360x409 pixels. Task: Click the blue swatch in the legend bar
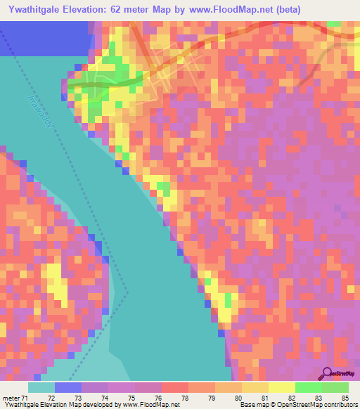click(x=68, y=387)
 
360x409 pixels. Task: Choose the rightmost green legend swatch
click(x=335, y=387)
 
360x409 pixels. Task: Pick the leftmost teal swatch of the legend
click(x=41, y=387)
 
